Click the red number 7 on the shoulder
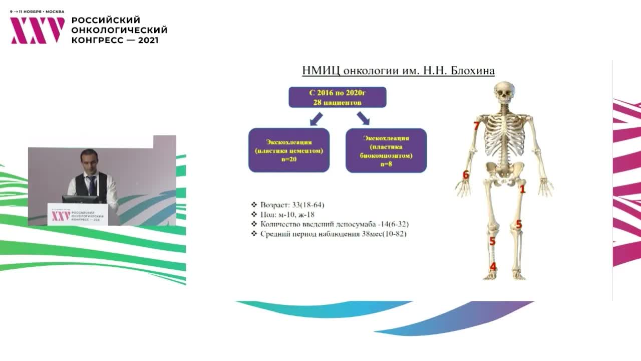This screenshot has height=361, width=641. pyautogui.click(x=477, y=126)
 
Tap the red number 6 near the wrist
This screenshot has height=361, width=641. pyautogui.click(x=466, y=175)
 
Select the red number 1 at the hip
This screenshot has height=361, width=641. pyautogui.click(x=522, y=189)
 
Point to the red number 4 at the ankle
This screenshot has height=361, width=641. pyautogui.click(x=493, y=266)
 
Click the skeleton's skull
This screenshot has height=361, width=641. pyautogui.click(x=504, y=93)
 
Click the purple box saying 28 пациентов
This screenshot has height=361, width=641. pyautogui.click(x=338, y=97)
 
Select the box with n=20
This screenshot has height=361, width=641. pyautogui.click(x=289, y=150)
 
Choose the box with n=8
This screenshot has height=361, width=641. pyautogui.click(x=386, y=150)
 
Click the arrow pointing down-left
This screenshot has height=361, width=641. pyautogui.click(x=316, y=119)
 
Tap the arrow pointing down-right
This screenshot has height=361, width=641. pyautogui.click(x=363, y=118)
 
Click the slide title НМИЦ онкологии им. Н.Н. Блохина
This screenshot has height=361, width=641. pyautogui.click(x=398, y=71)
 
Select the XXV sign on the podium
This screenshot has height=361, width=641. pyautogui.click(x=61, y=216)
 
